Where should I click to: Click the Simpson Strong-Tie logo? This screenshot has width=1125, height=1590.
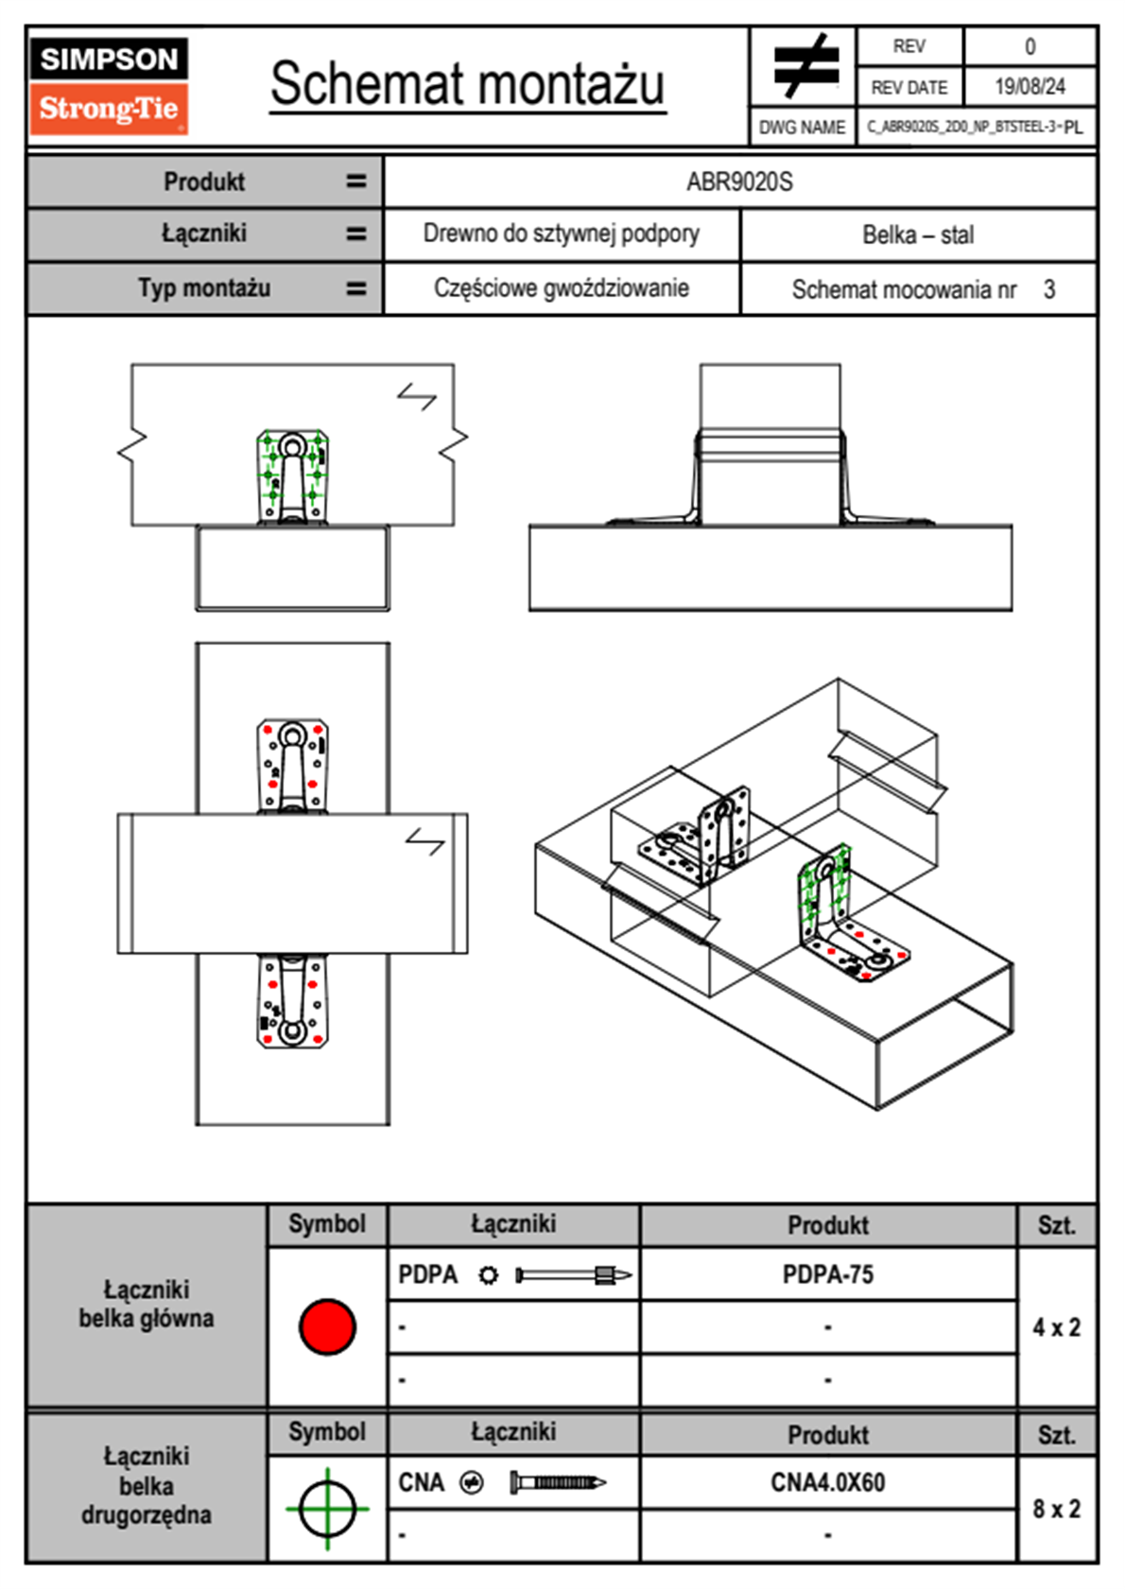109,85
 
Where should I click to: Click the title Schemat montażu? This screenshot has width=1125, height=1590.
467,83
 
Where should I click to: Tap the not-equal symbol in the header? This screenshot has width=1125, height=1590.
805,66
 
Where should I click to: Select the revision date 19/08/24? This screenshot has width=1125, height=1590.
1030,87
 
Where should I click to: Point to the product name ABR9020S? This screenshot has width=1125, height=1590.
739,181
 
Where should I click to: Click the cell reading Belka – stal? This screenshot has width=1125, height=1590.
917,234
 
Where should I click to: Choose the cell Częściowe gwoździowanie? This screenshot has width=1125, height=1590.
561,288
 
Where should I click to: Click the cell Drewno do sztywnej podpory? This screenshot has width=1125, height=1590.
561,233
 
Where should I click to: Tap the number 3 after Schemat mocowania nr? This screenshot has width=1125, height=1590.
1049,289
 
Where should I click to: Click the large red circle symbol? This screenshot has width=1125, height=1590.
327,1326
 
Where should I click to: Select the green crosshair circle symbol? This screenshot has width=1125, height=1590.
327,1508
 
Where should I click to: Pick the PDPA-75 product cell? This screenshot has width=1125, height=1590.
827,1274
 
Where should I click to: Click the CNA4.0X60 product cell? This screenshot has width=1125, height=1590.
827,1482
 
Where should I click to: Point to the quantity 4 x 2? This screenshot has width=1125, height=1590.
1056,1327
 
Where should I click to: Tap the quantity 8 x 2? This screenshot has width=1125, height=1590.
1056,1509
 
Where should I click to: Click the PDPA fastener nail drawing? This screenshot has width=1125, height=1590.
573,1275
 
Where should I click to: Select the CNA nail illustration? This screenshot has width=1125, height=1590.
558,1482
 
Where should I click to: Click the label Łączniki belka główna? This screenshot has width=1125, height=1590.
147,1305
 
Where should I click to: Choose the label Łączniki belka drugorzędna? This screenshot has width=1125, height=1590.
147,1485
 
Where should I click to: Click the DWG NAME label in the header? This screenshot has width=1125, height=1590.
802,128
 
